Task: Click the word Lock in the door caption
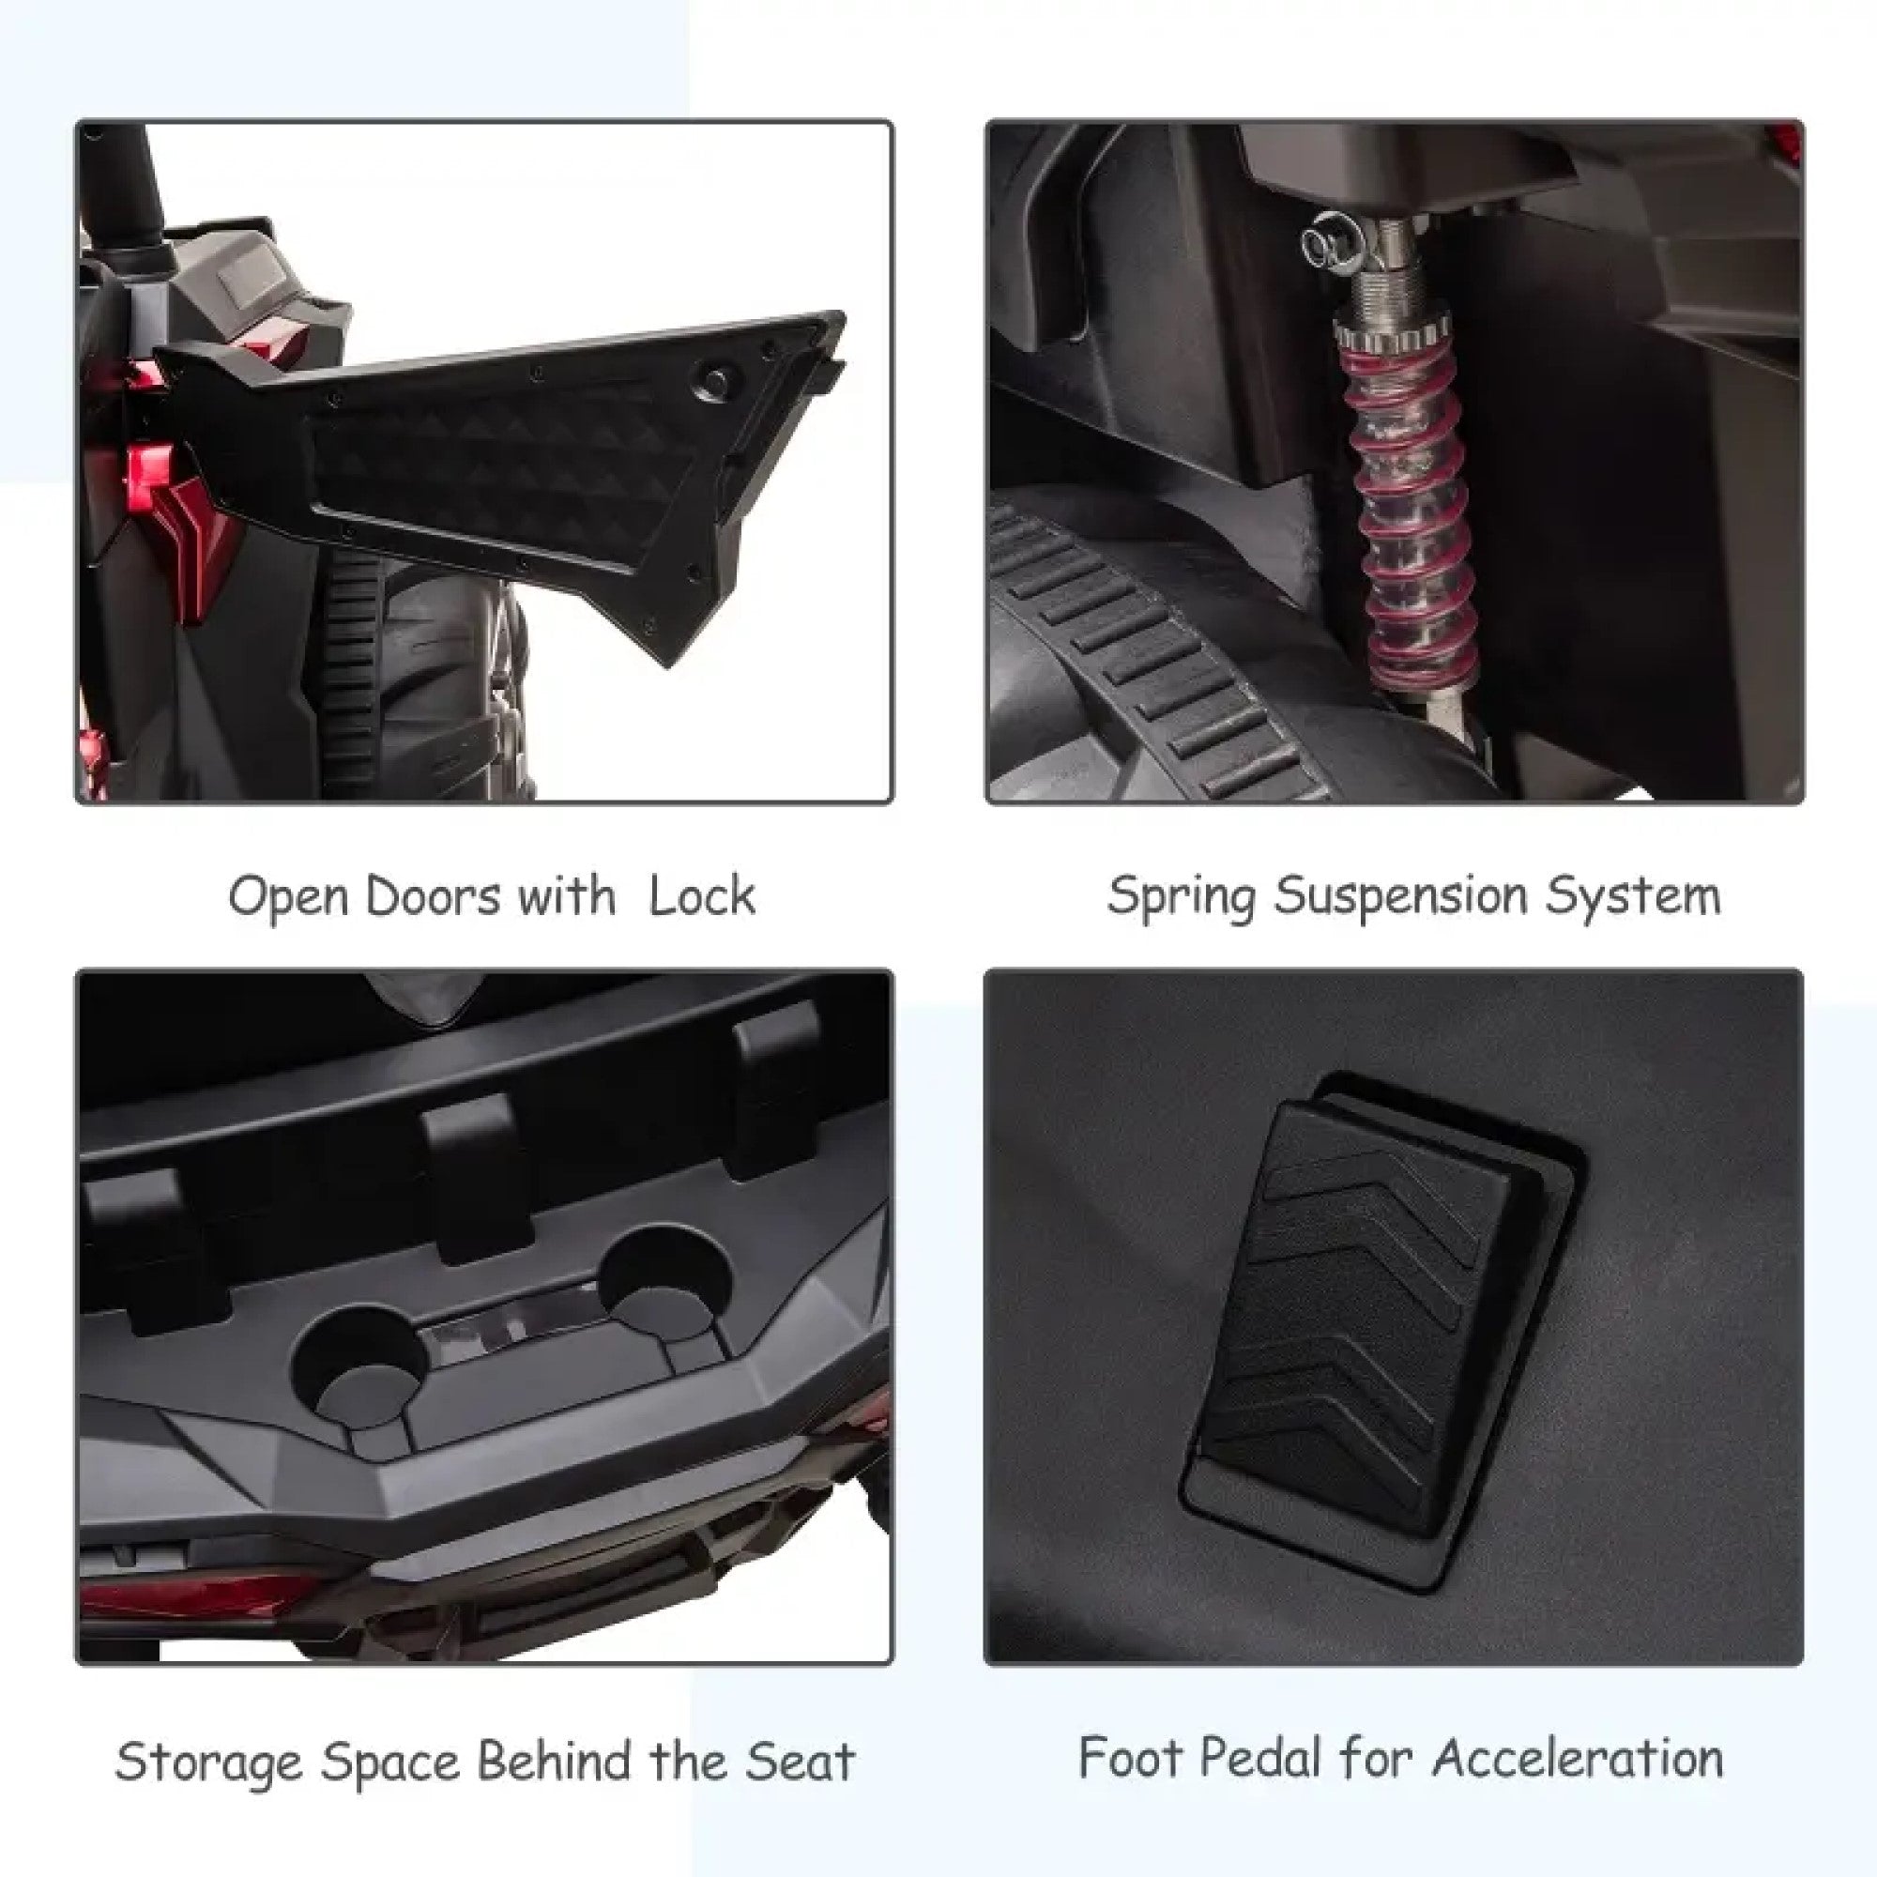click(701, 895)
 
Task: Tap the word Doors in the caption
click(436, 895)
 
